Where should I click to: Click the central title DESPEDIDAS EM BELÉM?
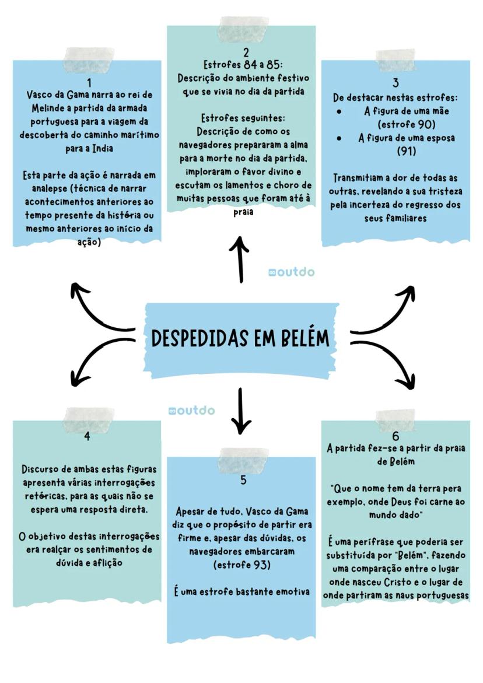[240, 338]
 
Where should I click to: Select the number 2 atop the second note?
[246, 52]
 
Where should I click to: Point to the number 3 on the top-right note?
[395, 82]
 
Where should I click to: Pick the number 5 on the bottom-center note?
[243, 480]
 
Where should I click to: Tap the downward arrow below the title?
[240, 411]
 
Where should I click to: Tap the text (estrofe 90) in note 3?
[406, 124]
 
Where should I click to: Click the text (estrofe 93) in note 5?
[242, 565]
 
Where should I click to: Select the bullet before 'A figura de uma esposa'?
[339, 139]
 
